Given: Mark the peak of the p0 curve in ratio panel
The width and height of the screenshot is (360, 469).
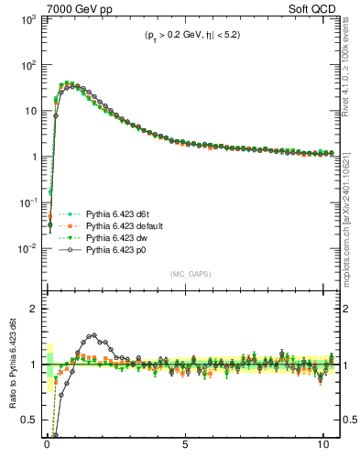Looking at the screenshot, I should [92, 335].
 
